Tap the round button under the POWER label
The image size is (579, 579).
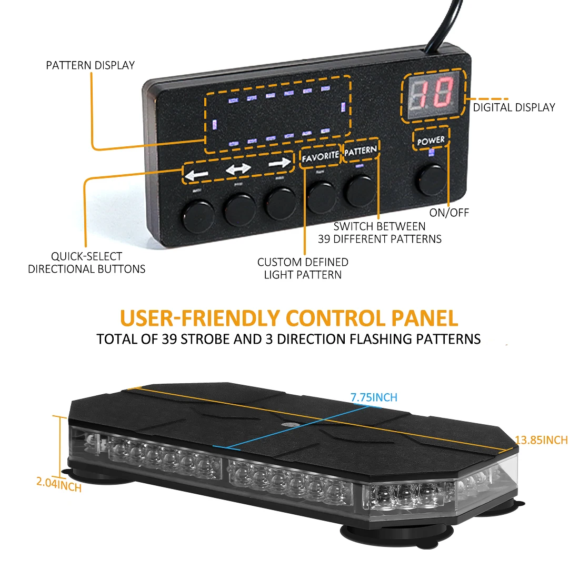432,180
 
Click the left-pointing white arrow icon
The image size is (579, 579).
197,174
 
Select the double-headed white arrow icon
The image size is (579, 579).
238,169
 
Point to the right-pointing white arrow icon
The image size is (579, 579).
279,164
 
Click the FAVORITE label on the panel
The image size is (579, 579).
320,156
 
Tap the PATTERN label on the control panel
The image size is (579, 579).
361,151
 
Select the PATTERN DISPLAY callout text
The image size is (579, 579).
91,65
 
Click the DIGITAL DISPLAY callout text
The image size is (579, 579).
514,107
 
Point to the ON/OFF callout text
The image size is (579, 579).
448,213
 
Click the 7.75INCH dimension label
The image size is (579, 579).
374,397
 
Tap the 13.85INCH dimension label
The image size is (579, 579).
541,440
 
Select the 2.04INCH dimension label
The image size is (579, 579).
59,484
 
